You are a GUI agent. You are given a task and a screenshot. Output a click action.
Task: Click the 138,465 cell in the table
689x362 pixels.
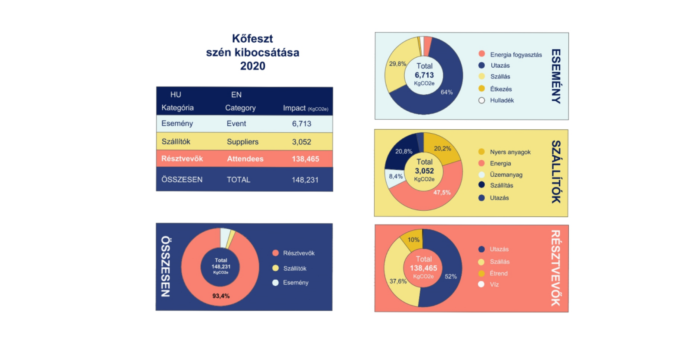[x=305, y=159]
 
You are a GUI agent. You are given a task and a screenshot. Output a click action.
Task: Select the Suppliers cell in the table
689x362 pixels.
[x=242, y=142]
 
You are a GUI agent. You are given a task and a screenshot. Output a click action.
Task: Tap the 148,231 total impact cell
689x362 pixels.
[x=305, y=180]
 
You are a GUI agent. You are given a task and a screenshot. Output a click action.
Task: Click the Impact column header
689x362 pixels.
[x=305, y=108]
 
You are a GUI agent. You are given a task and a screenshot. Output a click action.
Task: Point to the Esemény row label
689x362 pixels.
[x=177, y=124]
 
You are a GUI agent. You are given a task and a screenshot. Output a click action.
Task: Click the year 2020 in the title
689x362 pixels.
[x=253, y=66]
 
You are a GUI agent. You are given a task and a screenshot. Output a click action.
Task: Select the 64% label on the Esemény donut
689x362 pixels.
[x=447, y=92]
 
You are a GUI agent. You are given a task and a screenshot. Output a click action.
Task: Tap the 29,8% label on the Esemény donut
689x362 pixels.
[x=397, y=64]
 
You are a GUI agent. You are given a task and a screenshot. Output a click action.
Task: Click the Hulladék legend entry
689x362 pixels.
[x=501, y=100]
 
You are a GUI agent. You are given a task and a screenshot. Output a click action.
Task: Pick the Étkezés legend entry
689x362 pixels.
[x=500, y=89]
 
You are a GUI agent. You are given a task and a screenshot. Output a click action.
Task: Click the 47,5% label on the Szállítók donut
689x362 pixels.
[x=442, y=193]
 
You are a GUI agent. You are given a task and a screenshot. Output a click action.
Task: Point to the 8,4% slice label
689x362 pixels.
[x=396, y=176]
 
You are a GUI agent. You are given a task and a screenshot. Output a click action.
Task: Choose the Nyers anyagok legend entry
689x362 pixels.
[x=509, y=152]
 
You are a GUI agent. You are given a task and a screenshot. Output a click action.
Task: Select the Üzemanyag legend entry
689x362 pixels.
[x=506, y=175]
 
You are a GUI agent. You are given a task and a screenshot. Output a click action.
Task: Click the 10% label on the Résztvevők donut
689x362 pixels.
[x=413, y=240]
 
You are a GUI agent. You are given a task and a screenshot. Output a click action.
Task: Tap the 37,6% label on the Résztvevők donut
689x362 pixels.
[x=398, y=281]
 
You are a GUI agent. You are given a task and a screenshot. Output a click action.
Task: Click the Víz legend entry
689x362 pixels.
[x=493, y=284]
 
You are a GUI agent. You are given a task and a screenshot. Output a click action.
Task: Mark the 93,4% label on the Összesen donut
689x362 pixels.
[x=221, y=296]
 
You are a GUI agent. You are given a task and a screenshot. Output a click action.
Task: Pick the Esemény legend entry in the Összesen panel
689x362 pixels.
[x=295, y=283]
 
